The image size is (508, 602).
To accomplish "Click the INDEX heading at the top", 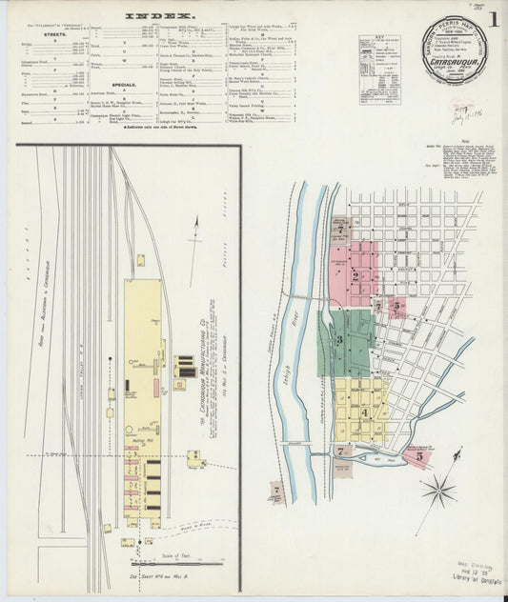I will pos(160,17).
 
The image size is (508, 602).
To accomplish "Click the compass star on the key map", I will pos(438,492).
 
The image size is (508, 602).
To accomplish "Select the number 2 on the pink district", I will pos(355,276).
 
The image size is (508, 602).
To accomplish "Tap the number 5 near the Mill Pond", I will pos(418,455).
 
